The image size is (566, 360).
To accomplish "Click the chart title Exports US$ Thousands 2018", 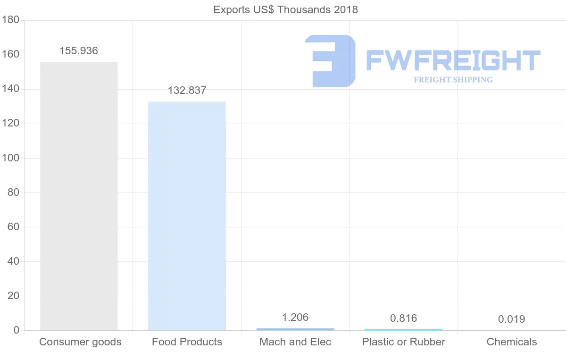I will pyautogui.click(x=285, y=9).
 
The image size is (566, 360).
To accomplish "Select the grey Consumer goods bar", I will pyautogui.click(x=79, y=196).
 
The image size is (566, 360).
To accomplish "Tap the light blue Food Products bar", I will pyautogui.click(x=187, y=216).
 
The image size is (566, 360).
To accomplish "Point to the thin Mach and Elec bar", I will pyautogui.click(x=295, y=329).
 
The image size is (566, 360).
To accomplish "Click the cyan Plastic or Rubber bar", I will pyautogui.click(x=403, y=329).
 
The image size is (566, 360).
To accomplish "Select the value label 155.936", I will pyautogui.click(x=79, y=51).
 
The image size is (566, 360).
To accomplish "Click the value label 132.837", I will pyautogui.click(x=187, y=91).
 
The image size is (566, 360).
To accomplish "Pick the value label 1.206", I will pyautogui.click(x=295, y=318).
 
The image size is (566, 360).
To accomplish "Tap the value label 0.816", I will pyautogui.click(x=403, y=318).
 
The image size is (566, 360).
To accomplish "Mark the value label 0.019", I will pyautogui.click(x=511, y=319).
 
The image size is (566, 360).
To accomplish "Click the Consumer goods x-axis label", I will pyautogui.click(x=80, y=342).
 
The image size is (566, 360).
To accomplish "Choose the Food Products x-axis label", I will pyautogui.click(x=187, y=342).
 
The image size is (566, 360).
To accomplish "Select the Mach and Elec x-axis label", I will pyautogui.click(x=295, y=342).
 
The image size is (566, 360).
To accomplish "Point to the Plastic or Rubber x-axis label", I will pyautogui.click(x=403, y=342).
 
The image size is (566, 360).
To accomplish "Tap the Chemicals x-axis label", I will pyautogui.click(x=512, y=342).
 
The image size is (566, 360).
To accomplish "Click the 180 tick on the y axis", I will pyautogui.click(x=10, y=20).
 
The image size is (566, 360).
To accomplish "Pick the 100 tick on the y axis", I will pyautogui.click(x=10, y=158).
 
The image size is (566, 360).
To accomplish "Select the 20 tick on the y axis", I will pyautogui.click(x=13, y=296).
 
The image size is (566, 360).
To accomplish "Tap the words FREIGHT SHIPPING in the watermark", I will pyautogui.click(x=453, y=80).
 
